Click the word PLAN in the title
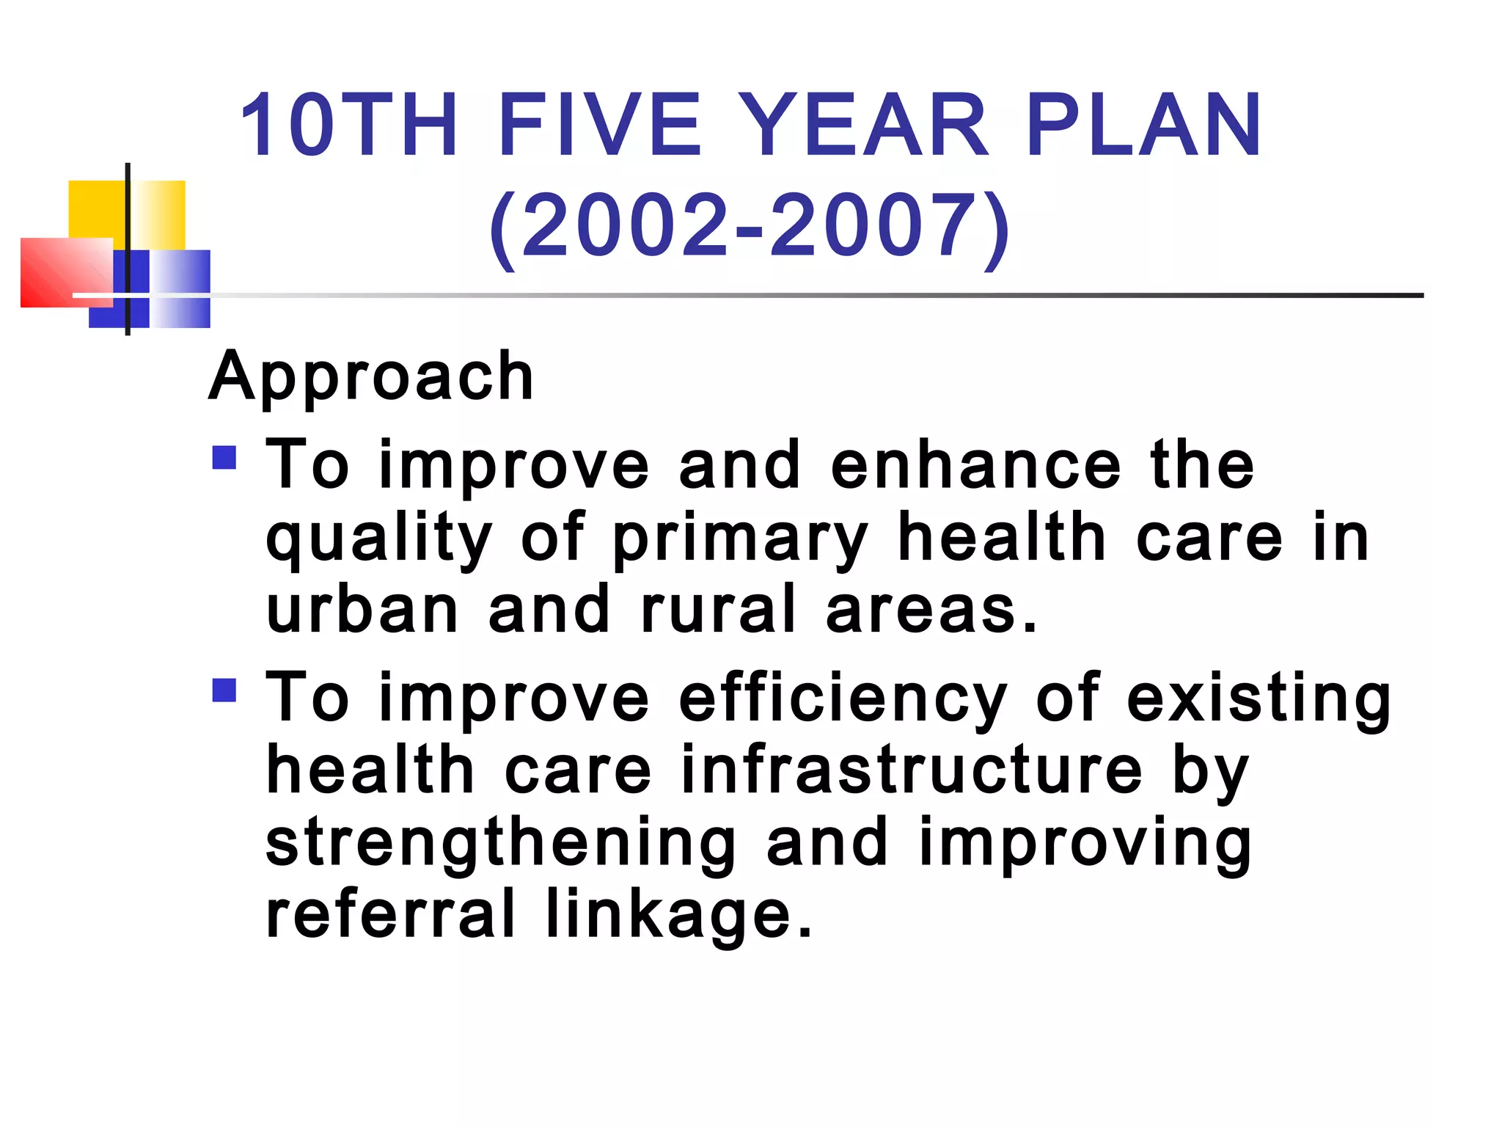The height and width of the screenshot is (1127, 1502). coord(1143,125)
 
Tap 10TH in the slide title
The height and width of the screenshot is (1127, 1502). coord(349,125)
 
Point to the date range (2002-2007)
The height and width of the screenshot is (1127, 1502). coord(750,226)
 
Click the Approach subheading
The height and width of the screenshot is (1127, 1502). coord(371,376)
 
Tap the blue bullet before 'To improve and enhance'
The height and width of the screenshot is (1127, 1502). coord(224,458)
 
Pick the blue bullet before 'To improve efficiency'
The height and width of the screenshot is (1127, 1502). coord(224,690)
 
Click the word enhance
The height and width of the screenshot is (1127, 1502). coord(975,465)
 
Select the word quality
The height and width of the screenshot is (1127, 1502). coord(378,539)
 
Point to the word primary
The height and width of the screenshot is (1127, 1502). coord(741,539)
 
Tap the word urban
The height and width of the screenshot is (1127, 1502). coord(362,610)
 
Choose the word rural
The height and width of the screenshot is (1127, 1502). coord(718,610)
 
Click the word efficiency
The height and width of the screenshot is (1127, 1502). coord(843,699)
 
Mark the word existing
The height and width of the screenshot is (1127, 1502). coord(1258,699)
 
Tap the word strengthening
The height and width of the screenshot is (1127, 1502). coord(501,844)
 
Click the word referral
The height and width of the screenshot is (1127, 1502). coord(390,913)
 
